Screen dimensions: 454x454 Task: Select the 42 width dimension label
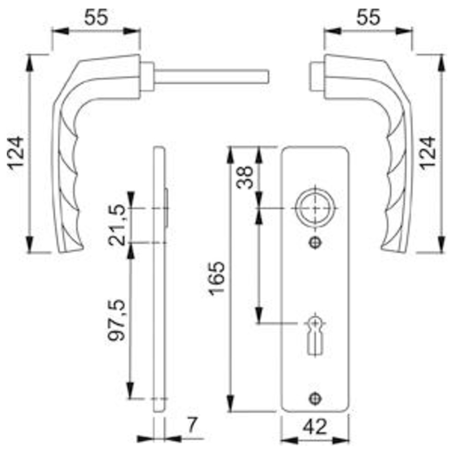[315, 426]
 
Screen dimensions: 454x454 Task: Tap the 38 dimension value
[245, 177]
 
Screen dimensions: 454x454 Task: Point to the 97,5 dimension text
[116, 320]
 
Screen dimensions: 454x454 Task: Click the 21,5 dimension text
[117, 225]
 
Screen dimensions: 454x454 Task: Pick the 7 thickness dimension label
[192, 425]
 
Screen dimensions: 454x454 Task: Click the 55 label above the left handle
[96, 17]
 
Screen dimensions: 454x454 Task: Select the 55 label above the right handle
[368, 17]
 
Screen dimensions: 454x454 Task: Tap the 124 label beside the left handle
[15, 153]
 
